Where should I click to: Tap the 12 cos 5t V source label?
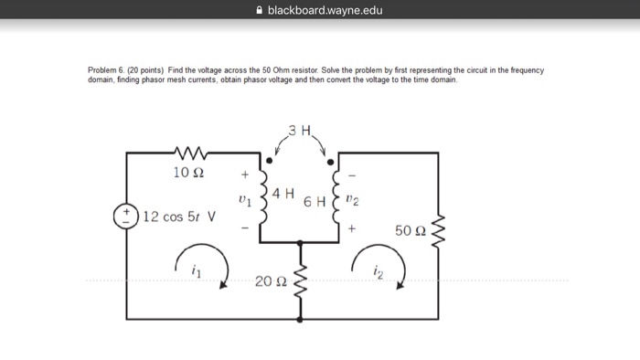(x=179, y=217)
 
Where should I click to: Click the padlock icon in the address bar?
(x=244, y=11)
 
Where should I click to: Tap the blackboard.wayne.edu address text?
(x=318, y=11)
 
